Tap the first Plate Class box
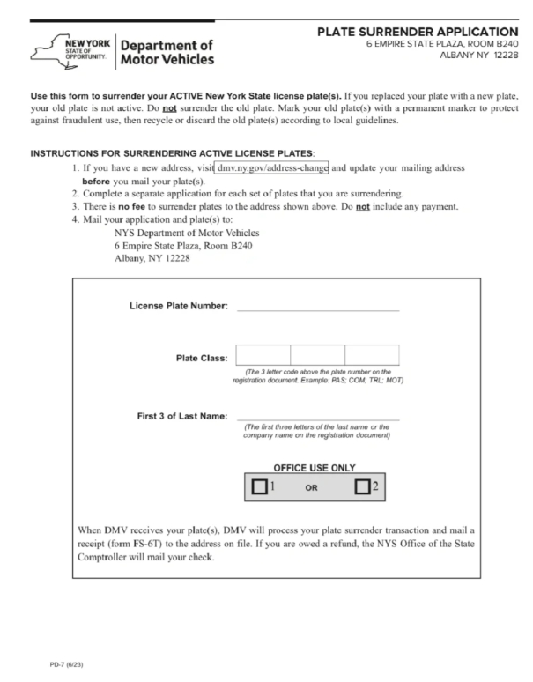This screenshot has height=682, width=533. pyautogui.click(x=263, y=355)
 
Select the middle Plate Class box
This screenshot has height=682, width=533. pyautogui.click(x=317, y=355)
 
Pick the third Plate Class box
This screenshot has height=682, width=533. pyautogui.click(x=371, y=355)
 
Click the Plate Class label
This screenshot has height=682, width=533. pyautogui.click(x=202, y=358)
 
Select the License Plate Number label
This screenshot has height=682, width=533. pyautogui.click(x=179, y=307)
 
